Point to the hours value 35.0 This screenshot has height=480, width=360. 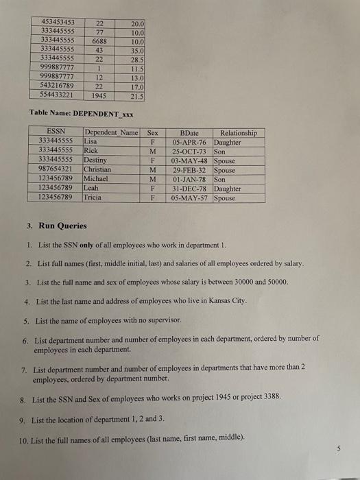click(137, 51)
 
